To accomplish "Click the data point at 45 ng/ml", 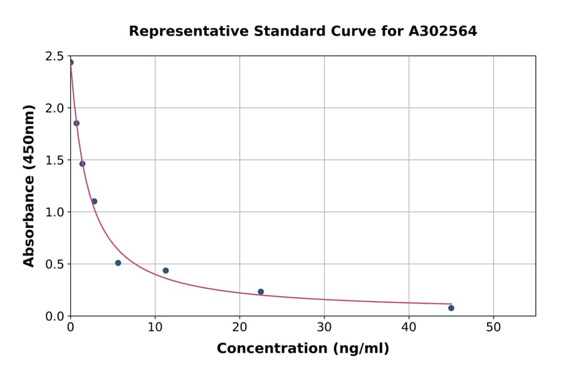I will (451, 308).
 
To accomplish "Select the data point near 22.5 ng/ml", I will (261, 292).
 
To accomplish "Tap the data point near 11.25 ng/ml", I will (165, 271).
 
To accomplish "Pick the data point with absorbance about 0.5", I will (118, 263).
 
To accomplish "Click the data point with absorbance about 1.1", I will (94, 201).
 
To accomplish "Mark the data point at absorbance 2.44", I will (71, 62).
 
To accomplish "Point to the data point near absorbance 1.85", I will (76, 123).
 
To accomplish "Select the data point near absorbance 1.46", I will (82, 164).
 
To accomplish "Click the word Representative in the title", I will (186, 31).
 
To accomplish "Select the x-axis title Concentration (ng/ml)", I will (303, 349).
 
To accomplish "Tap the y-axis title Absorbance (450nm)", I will (29, 185).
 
